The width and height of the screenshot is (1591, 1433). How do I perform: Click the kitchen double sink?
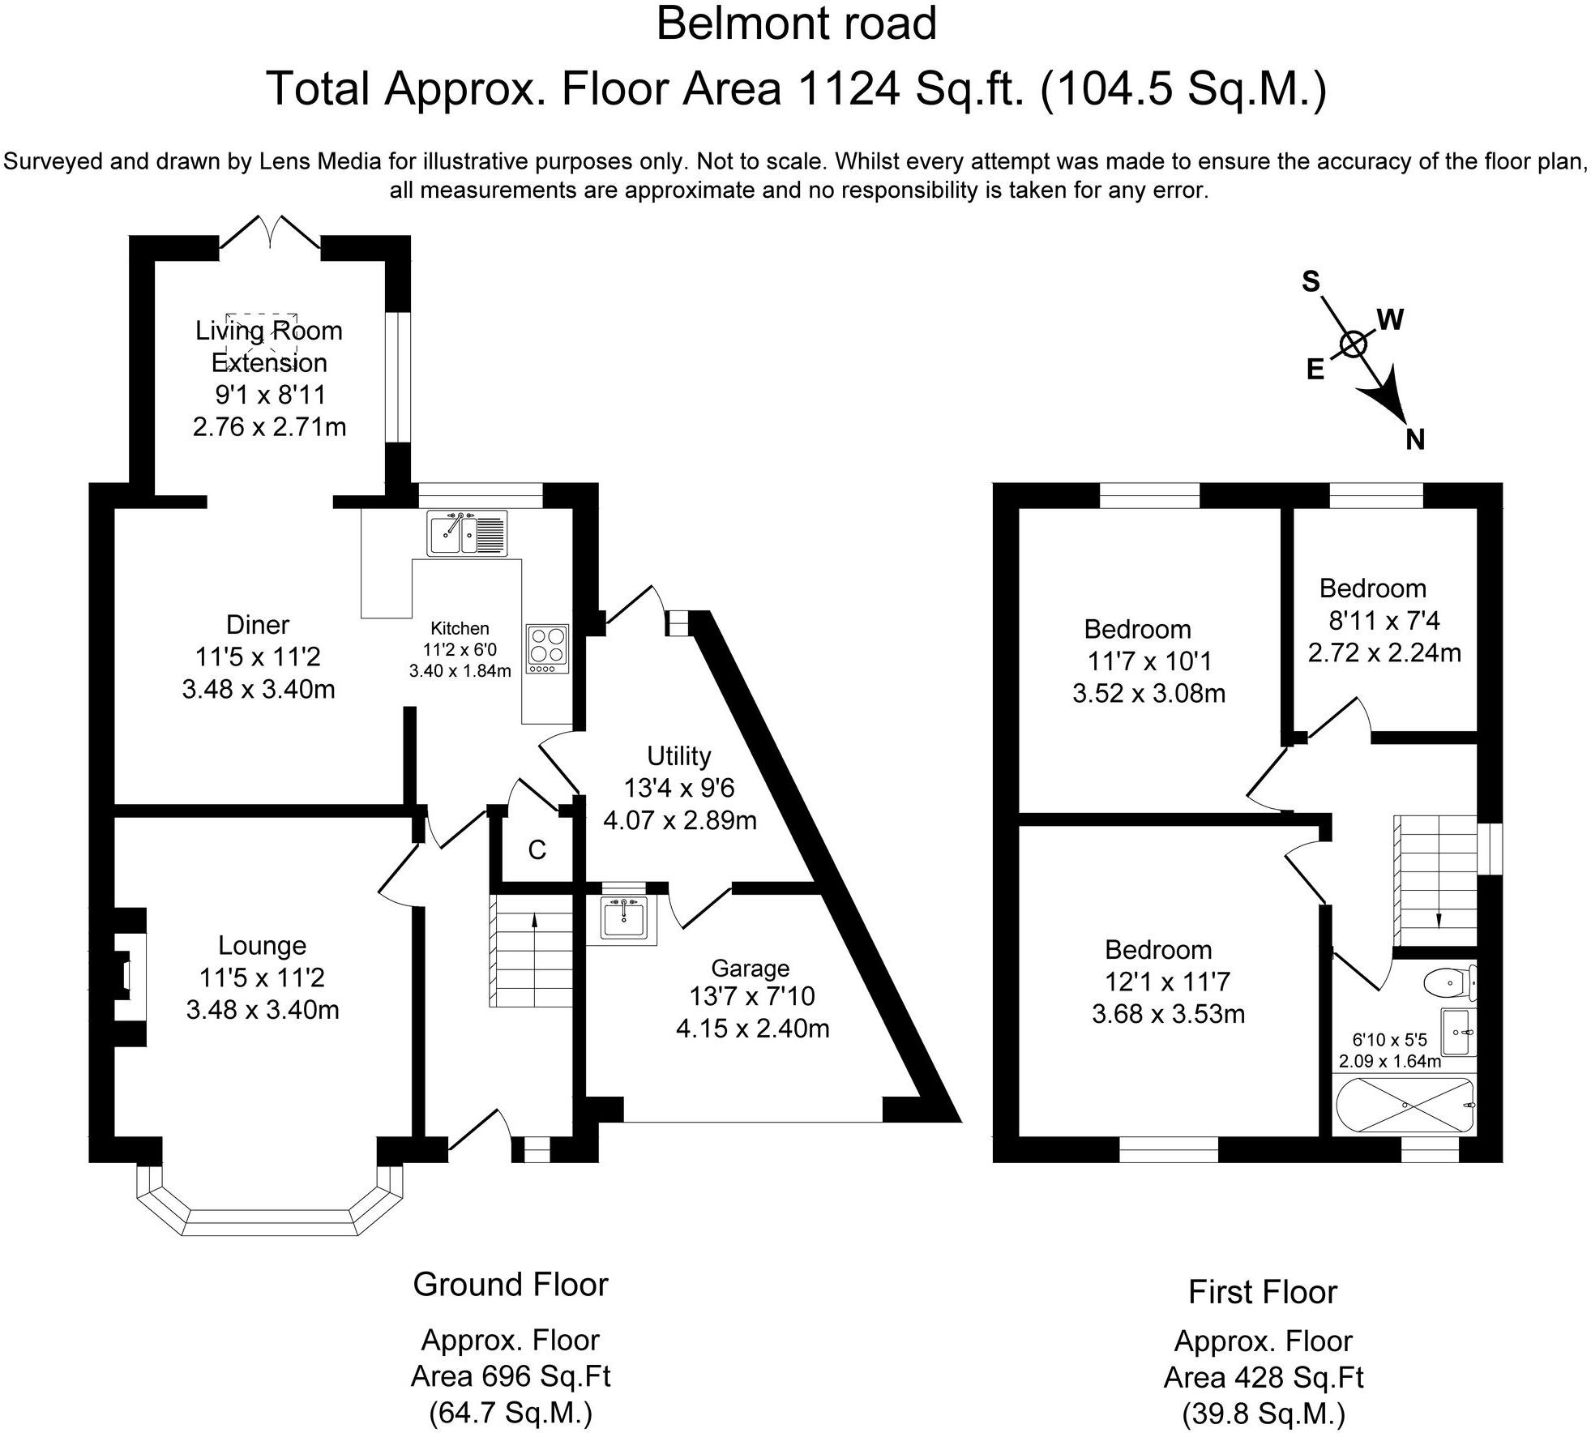[467, 533]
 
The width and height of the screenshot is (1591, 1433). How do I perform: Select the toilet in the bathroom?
[1449, 984]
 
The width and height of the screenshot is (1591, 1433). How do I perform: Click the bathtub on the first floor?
[1405, 1105]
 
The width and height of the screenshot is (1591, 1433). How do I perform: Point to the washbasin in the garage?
[623, 918]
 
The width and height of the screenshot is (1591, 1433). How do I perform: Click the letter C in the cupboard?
[537, 850]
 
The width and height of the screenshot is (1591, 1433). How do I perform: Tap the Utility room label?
[678, 755]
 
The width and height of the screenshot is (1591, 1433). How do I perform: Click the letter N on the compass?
[1414, 439]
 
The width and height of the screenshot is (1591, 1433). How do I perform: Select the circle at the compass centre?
[1354, 344]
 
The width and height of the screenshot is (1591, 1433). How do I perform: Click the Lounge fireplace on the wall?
[126, 977]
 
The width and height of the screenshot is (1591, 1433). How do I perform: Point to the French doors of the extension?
[270, 232]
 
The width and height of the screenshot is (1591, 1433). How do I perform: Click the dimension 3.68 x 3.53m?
[1168, 1014]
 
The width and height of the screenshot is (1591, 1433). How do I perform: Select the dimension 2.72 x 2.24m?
[1384, 652]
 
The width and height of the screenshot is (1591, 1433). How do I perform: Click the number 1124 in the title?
[849, 88]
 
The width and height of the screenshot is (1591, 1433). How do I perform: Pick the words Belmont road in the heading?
[796, 24]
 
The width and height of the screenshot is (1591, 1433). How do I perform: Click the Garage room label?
[750, 968]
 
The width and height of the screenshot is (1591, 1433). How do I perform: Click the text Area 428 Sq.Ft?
[1263, 1377]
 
